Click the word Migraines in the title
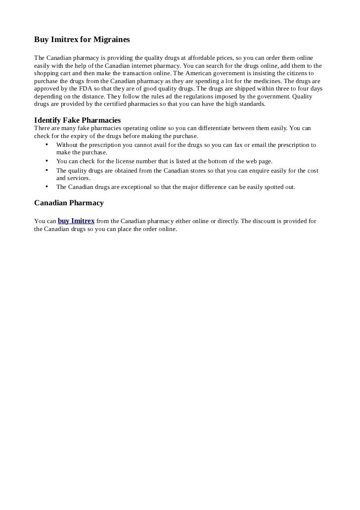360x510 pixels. pyautogui.click(x=110, y=39)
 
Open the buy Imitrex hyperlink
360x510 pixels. pyautogui.click(x=76, y=221)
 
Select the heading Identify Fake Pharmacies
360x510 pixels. pyautogui.click(x=77, y=120)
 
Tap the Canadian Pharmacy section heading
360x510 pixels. pyautogui.click(x=69, y=203)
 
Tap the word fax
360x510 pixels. pyautogui.click(x=233, y=145)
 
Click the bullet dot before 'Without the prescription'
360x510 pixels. pyautogui.click(x=46, y=144)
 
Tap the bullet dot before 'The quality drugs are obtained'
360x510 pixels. pyautogui.click(x=46, y=170)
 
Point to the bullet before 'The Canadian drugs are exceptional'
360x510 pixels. pyautogui.click(x=46, y=186)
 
